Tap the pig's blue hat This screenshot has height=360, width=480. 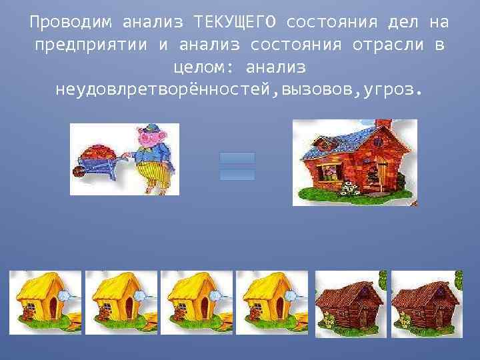pos(151,127)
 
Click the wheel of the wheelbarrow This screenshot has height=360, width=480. pos(78,171)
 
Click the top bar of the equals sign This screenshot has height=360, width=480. pos(237,158)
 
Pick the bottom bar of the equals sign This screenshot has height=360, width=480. pos(237,174)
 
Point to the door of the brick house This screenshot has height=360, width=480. pos(382,175)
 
